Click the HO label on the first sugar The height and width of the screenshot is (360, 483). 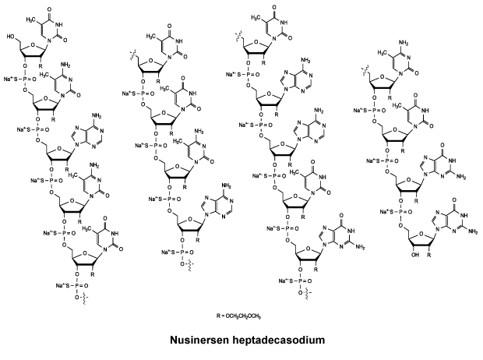[x=11, y=37]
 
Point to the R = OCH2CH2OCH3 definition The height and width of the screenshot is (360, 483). [x=239, y=316]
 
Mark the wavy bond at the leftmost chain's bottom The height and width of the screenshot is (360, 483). [x=84, y=299]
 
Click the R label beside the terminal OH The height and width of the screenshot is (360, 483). [x=428, y=255]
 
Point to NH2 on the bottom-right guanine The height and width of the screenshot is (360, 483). [x=472, y=231]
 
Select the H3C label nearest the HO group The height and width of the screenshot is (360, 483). [x=30, y=19]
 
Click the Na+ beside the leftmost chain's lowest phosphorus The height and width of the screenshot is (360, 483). [x=60, y=286]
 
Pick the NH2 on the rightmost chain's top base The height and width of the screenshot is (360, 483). [x=404, y=43]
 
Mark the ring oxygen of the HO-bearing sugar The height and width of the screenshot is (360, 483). [x=33, y=44]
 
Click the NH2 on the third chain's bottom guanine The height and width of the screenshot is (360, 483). [x=359, y=247]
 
